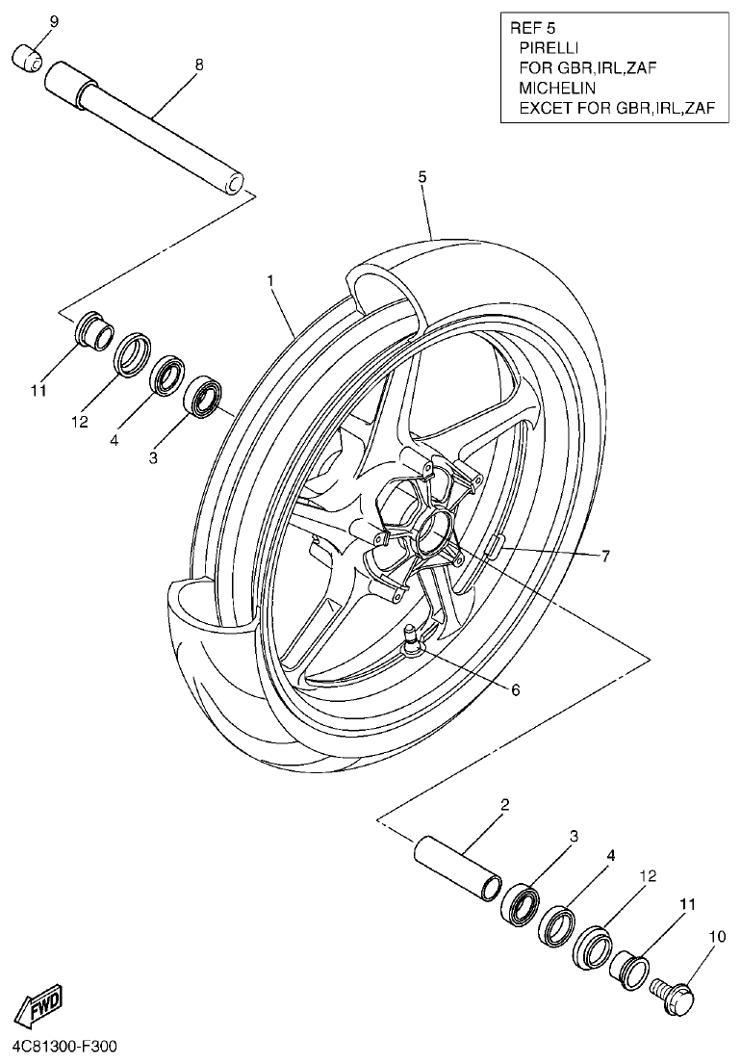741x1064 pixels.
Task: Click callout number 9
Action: click(x=53, y=21)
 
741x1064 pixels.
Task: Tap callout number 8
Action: click(x=199, y=65)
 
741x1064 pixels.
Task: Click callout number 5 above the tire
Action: click(x=422, y=177)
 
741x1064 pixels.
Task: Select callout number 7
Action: click(x=605, y=556)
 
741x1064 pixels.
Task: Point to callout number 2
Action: click(x=504, y=804)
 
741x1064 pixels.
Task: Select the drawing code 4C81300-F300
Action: click(x=65, y=1046)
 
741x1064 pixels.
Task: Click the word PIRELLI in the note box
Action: click(x=549, y=46)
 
